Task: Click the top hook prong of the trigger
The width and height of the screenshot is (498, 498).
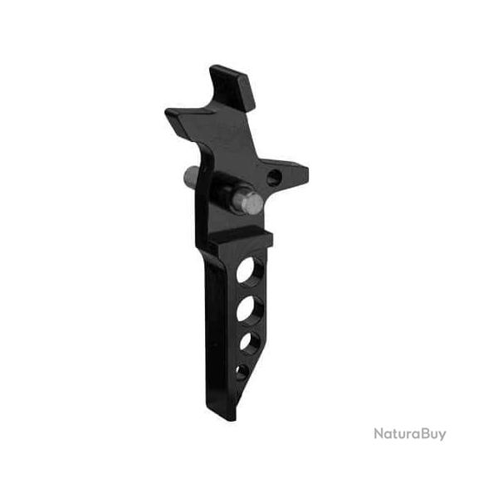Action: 230,80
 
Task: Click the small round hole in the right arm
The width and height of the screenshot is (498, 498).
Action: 273,176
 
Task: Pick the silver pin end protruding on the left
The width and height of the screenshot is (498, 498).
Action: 189,176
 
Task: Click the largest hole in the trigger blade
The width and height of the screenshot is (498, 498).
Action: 248,272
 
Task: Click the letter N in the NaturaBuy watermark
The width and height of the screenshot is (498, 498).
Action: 378,433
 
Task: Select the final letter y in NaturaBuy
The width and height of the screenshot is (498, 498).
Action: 441,436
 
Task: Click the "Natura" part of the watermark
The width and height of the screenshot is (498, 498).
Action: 393,433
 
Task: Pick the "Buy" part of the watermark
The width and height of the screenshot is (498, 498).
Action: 431,434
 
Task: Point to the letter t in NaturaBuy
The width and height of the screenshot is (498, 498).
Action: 393,434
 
